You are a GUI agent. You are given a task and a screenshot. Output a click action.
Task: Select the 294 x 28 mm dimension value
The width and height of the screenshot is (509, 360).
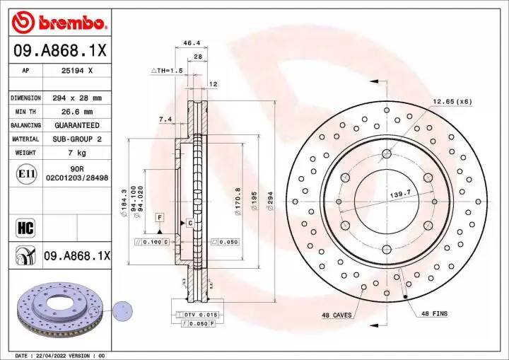[77, 98]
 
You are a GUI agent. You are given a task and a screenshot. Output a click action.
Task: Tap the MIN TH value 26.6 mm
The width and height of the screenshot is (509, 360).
[77, 112]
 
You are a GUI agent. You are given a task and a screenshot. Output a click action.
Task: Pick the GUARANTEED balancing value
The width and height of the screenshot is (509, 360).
[77, 125]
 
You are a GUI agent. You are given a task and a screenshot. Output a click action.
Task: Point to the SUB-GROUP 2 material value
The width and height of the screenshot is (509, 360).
[77, 139]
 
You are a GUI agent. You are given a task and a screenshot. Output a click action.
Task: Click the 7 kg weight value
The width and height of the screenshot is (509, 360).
[77, 153]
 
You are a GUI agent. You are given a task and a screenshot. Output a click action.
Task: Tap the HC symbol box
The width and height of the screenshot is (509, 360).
[25, 227]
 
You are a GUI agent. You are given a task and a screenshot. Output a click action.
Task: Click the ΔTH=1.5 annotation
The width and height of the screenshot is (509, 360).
[167, 71]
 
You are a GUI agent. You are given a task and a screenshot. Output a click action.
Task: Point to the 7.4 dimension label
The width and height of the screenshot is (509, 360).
[165, 119]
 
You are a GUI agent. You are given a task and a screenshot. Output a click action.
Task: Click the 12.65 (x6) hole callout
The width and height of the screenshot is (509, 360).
[452, 102]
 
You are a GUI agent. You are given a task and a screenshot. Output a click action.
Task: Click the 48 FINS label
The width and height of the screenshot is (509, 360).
[434, 313]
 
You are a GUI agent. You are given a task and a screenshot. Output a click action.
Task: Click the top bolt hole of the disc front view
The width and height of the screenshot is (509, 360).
[387, 153]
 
